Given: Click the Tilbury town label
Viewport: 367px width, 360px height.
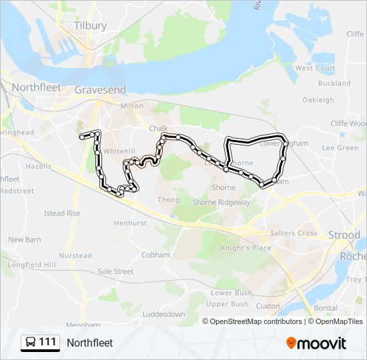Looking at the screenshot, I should point(91,25).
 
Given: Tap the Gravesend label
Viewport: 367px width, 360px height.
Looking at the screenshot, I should point(100,89).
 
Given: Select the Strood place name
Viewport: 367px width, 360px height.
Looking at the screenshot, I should point(344,235).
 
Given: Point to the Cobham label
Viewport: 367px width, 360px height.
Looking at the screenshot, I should point(155,255).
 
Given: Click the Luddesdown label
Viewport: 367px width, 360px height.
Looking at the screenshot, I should point(164,314).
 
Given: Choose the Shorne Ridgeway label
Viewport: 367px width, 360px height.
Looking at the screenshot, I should point(221,202).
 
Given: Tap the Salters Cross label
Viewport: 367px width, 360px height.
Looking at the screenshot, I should point(294,233).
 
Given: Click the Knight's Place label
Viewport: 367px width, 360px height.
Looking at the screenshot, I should point(246,248).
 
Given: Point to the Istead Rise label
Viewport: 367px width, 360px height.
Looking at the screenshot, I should point(62,213).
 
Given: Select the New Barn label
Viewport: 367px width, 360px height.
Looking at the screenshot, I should point(25,239).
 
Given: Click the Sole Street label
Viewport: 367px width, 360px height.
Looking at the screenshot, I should point(115,272).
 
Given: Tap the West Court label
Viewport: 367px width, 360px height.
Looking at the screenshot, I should point(315,68).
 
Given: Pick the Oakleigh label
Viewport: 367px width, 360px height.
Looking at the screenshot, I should point(318,100).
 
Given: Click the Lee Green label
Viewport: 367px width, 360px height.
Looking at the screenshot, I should point(340,148).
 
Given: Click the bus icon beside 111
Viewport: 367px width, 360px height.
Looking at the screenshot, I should point(31,343).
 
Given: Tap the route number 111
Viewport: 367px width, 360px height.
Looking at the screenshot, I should point(47,343).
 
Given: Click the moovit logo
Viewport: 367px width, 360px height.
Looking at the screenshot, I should point(316,343).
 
